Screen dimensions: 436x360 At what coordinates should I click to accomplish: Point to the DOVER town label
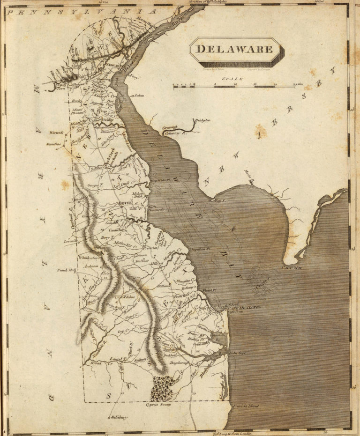[x=125, y=203]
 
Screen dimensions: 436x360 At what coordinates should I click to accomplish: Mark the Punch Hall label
[x=65, y=270]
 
